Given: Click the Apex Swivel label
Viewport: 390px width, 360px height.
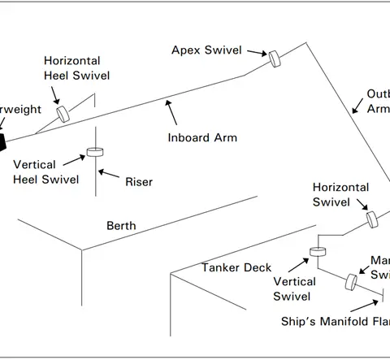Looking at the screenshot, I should (206, 50).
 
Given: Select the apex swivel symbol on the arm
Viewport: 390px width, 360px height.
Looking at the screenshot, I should (275, 58).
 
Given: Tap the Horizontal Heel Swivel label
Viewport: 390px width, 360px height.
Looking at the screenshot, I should (72, 68).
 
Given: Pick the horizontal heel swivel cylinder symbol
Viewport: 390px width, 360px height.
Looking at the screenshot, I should (63, 114).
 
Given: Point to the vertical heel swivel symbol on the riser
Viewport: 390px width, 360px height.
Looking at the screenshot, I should (96, 151).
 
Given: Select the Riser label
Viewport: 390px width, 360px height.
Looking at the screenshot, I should (139, 182).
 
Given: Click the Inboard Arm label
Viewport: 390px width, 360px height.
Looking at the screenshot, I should (202, 137).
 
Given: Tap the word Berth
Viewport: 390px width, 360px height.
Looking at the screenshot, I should (122, 225).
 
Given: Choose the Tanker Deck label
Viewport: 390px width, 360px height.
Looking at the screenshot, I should (236, 267).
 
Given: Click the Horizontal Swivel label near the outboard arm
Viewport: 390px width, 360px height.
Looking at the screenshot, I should (340, 193).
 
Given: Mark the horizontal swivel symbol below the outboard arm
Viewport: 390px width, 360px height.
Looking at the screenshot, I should (373, 219).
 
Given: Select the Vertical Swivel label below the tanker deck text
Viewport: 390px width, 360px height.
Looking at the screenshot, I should (292, 289).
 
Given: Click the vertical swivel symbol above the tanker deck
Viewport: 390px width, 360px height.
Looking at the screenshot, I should (317, 251).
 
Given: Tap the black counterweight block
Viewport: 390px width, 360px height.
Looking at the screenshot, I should (2, 142).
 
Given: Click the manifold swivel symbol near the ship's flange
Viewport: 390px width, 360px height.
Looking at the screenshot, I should (352, 281).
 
